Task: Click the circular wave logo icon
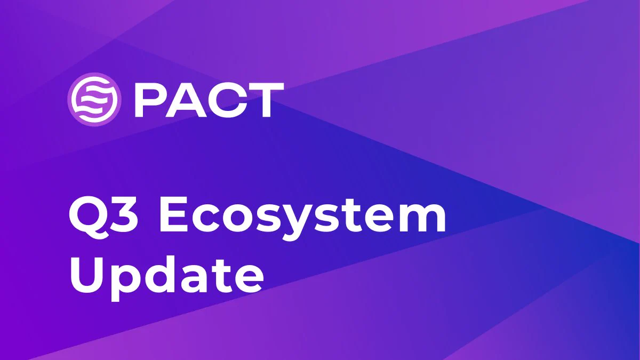[94, 99]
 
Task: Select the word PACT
[209, 100]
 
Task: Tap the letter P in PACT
[151, 100]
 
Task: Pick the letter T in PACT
[266, 100]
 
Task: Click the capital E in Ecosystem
[174, 214]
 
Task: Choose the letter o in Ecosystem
[237, 219]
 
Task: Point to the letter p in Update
[126, 283]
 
